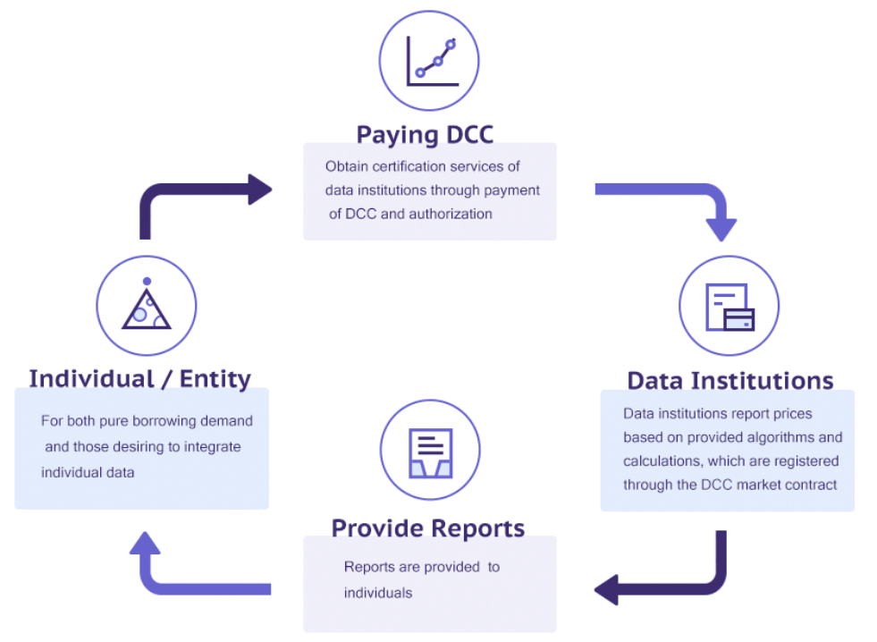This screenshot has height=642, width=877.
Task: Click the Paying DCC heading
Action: (x=425, y=135)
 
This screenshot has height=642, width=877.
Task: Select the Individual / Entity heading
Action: (x=139, y=378)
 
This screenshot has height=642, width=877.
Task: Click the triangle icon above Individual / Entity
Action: (x=147, y=305)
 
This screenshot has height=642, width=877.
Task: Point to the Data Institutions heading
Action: (x=730, y=381)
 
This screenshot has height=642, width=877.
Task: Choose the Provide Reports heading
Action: (x=428, y=528)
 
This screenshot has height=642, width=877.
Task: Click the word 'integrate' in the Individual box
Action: (x=213, y=447)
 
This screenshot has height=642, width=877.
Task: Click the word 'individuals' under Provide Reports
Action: (x=378, y=593)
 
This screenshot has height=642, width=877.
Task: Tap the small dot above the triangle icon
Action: (x=147, y=282)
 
